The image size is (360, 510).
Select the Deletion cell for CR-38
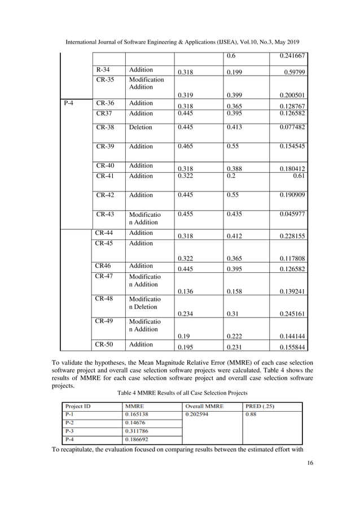coord(141,128)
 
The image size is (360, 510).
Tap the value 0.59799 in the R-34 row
coord(293,72)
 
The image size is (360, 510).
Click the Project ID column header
coord(79,404)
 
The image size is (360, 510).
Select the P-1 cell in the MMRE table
coord(71,414)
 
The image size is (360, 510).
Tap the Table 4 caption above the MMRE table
coord(179,392)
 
